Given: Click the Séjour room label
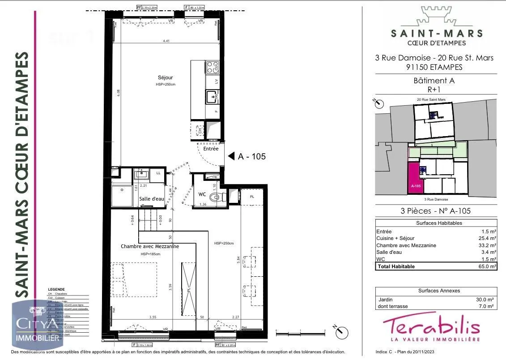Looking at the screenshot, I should click(x=165, y=77).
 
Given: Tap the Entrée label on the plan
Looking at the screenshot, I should click(x=211, y=149).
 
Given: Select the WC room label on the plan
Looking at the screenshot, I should click(x=202, y=195).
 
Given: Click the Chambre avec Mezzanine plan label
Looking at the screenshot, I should click(x=150, y=246).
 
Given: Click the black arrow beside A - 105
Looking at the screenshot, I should click(x=231, y=156).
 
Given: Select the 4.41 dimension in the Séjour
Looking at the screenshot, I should click(x=166, y=42).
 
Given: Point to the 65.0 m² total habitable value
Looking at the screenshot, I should click(x=486, y=266).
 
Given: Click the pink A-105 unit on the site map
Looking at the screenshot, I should click(x=415, y=179).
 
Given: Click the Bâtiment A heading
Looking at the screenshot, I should click(x=436, y=81).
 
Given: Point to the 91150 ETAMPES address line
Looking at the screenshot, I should click(x=434, y=67).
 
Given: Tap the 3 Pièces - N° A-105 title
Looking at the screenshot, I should click(x=436, y=211).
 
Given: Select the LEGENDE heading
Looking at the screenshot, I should click(x=56, y=289).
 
